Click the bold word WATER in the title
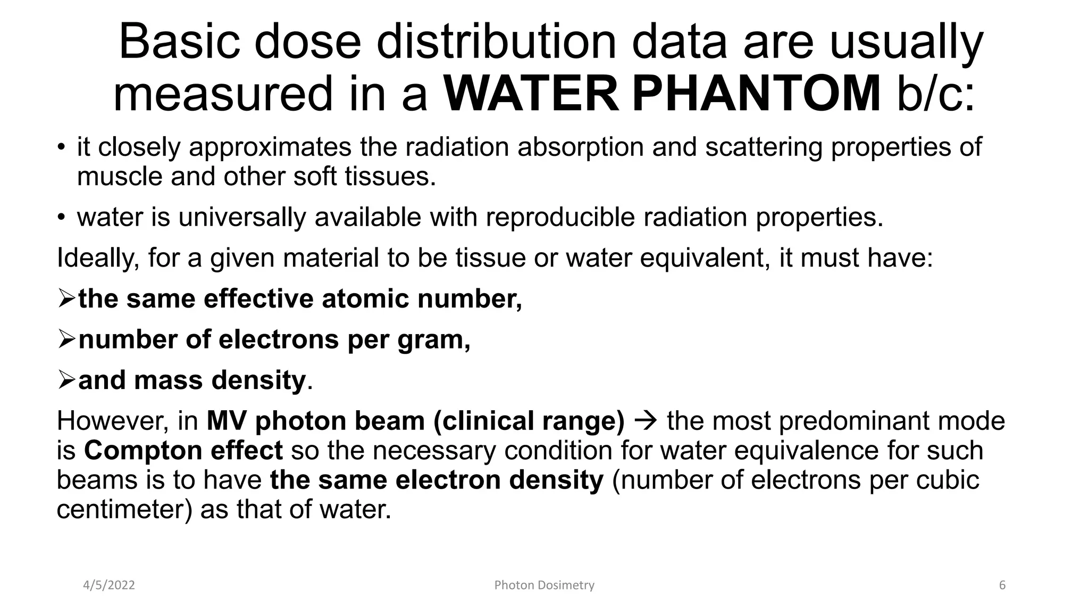(x=531, y=94)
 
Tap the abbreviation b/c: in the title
(x=936, y=94)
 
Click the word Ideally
(x=98, y=258)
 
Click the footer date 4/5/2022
(x=109, y=585)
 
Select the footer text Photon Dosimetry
(x=544, y=585)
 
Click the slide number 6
(x=1002, y=585)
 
